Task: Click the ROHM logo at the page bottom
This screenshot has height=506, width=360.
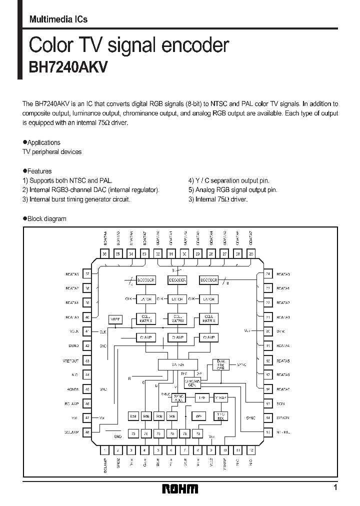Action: click(x=180, y=488)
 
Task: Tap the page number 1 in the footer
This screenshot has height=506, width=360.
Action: click(x=335, y=487)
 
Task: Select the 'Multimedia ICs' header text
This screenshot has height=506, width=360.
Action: click(x=58, y=19)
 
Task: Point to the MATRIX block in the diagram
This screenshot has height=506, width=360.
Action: click(x=177, y=364)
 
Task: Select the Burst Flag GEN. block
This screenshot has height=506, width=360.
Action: click(x=220, y=364)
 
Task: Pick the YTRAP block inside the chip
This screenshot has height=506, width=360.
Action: click(x=220, y=397)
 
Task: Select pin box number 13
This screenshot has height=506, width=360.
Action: click(x=267, y=432)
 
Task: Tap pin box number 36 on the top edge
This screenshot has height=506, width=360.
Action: click(x=104, y=254)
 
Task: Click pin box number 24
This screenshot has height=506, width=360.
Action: click(x=267, y=274)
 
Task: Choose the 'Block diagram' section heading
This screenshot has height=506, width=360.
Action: click(x=46, y=218)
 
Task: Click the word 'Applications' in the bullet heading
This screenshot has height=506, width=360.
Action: click(x=44, y=142)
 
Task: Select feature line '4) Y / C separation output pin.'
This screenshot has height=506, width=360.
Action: click(x=229, y=180)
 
